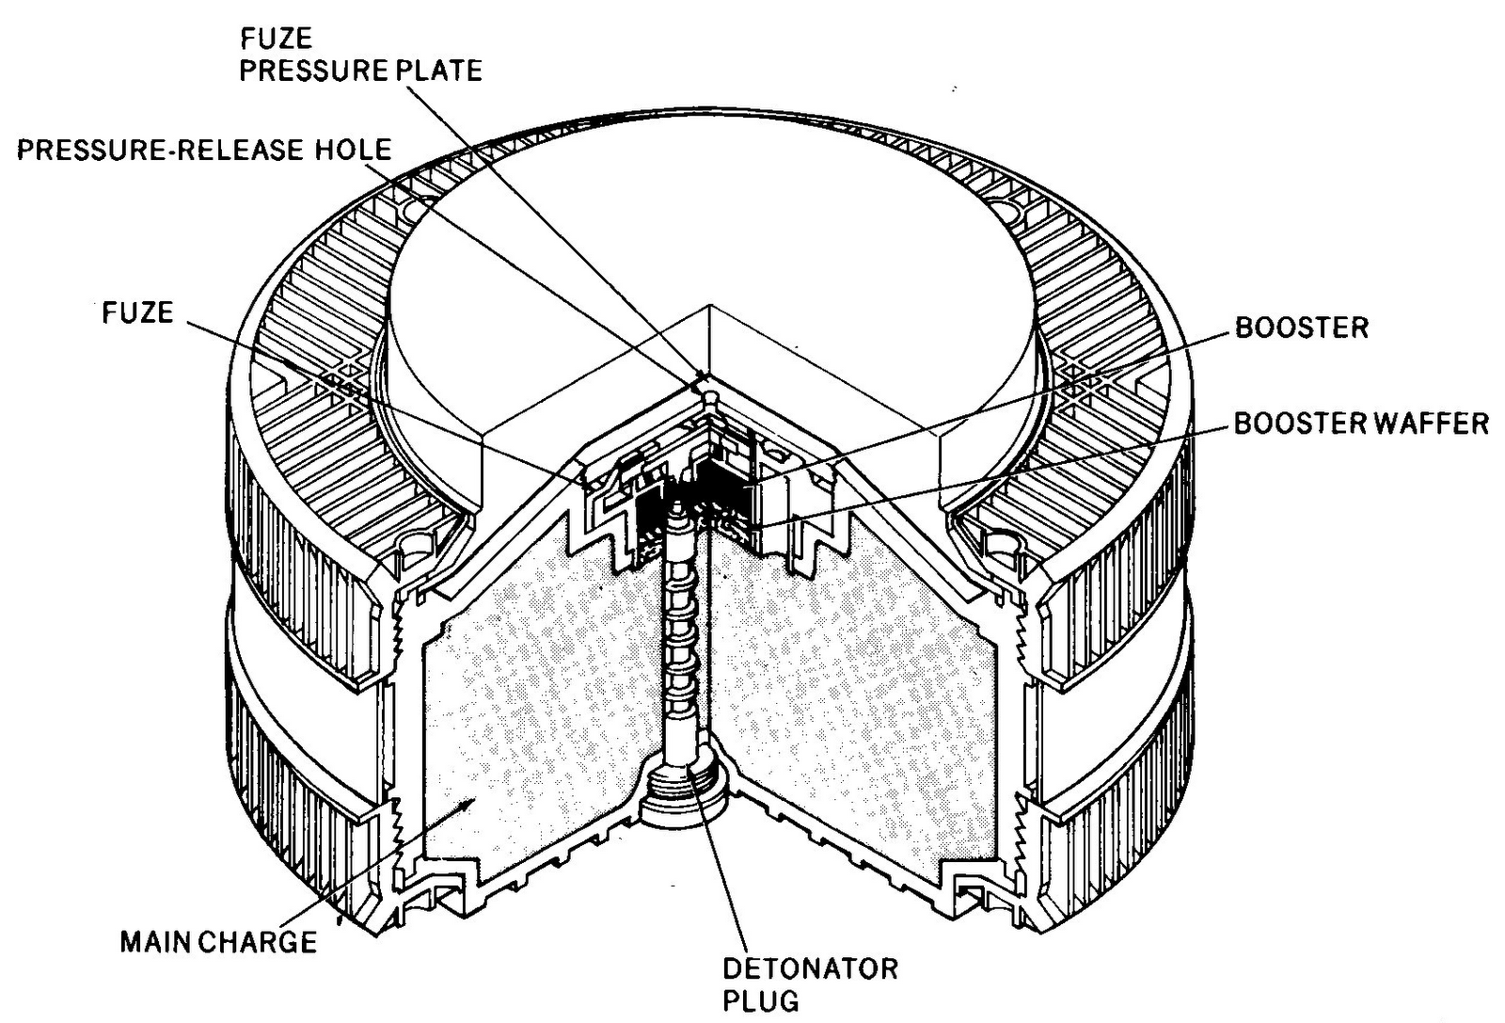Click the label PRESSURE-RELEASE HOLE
204,151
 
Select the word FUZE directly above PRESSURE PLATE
276,40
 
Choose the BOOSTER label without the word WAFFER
1301,328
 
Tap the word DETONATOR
810,967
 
